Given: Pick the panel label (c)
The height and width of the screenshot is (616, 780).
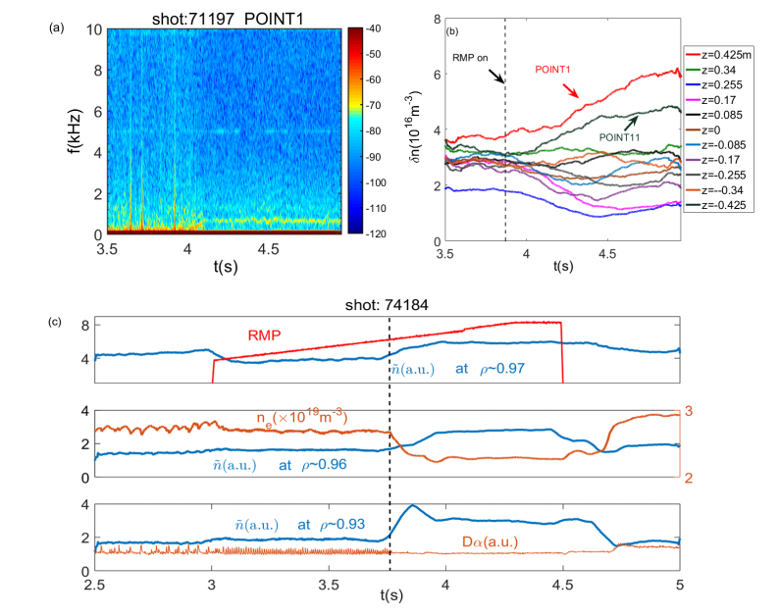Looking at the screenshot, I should point(58,322).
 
